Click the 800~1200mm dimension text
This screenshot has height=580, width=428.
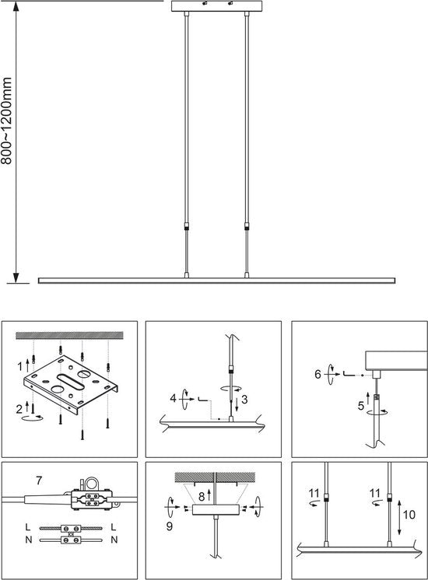point(7,121)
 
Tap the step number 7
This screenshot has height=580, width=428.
point(39,480)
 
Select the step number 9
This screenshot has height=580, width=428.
point(169,526)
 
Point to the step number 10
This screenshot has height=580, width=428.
point(409,515)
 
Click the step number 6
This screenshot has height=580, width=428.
point(317,374)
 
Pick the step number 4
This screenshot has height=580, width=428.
point(173,398)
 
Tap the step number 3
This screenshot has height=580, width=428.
point(244,400)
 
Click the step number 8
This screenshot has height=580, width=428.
point(202,496)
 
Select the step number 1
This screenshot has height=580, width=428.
point(20,366)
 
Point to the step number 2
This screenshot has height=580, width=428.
point(19,409)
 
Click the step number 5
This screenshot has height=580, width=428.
point(361,406)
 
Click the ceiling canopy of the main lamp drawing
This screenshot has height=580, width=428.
point(216,6)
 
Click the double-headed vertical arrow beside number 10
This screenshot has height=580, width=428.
point(399,518)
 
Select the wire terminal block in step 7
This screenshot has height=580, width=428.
point(92,499)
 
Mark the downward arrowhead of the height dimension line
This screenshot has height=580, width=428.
point(16,278)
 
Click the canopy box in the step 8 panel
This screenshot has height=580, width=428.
point(214,510)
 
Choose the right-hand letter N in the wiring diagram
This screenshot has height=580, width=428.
point(114,540)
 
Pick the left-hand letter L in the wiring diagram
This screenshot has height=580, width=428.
point(28,526)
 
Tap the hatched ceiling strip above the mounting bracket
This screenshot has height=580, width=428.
point(69,336)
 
